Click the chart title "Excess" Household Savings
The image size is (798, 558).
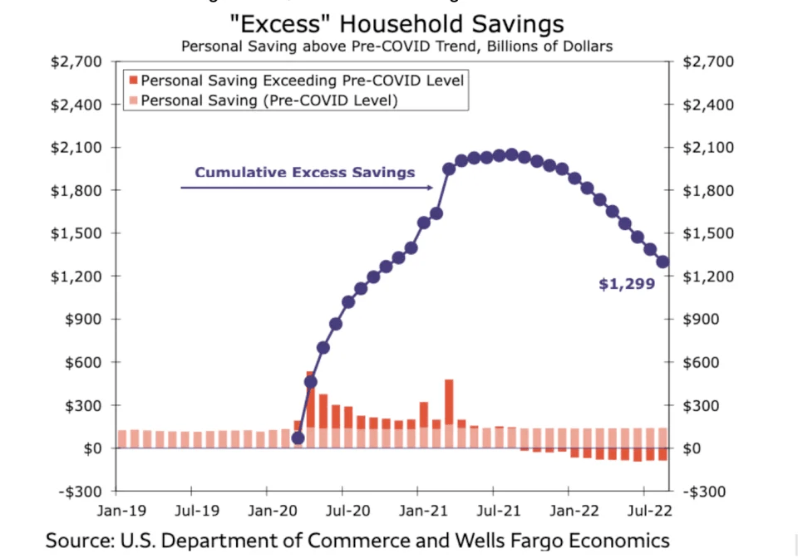(x=397, y=23)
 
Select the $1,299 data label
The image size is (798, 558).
(x=627, y=284)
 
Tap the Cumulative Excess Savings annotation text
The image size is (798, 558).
(x=304, y=173)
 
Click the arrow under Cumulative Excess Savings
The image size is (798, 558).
(x=308, y=188)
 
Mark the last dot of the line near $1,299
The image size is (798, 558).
(x=663, y=262)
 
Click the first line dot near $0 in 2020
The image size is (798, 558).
(x=298, y=438)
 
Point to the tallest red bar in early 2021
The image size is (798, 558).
(x=449, y=403)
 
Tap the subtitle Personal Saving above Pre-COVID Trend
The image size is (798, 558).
(x=397, y=46)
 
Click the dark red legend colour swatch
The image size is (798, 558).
(x=132, y=81)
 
